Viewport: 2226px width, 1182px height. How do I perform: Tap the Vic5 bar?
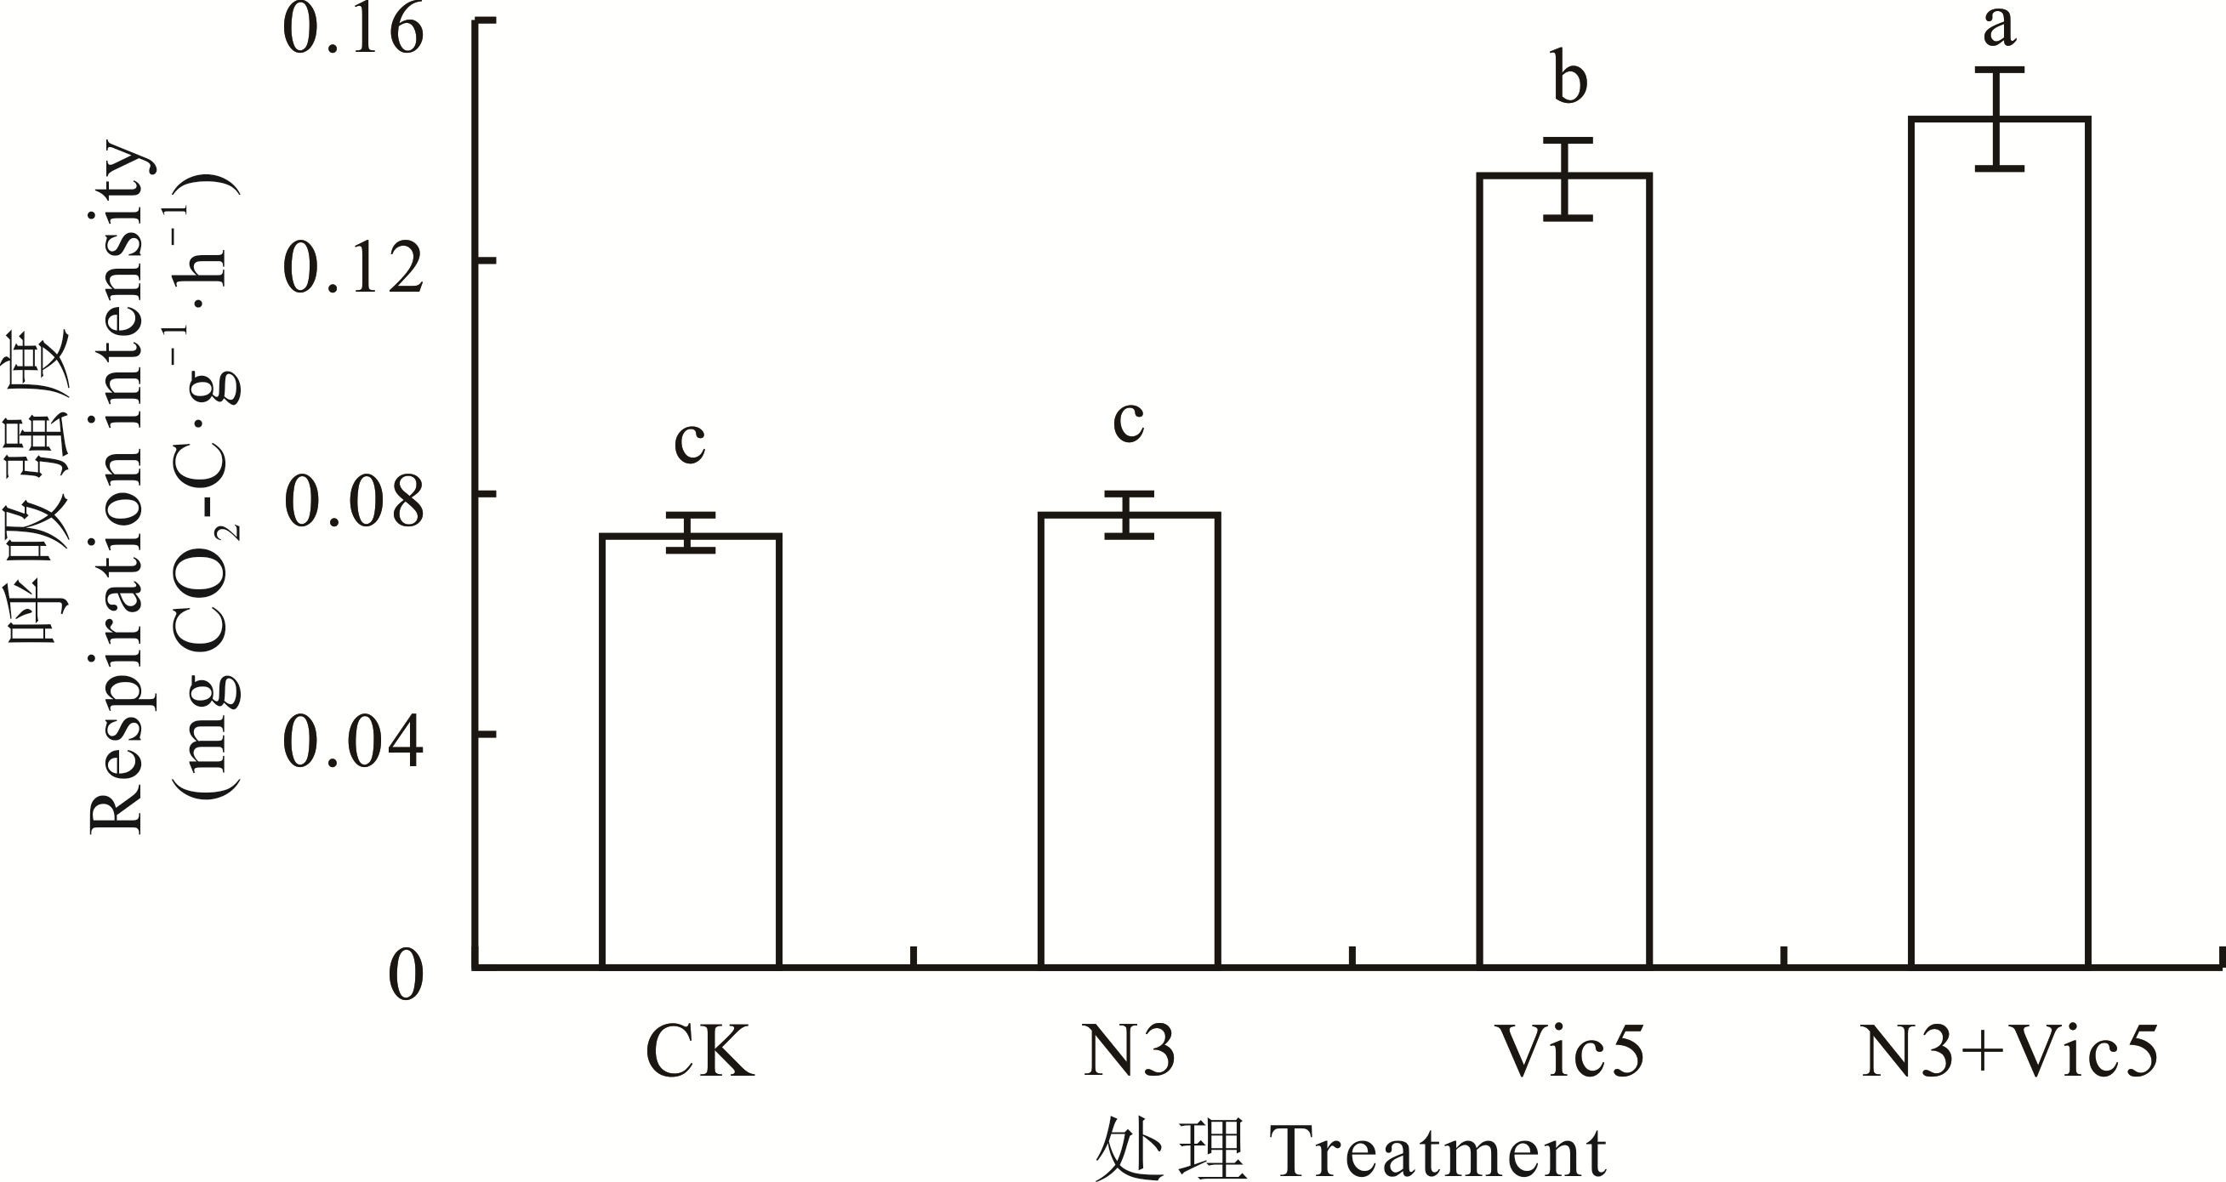1566,571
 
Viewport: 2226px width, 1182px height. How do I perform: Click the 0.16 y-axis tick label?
354,31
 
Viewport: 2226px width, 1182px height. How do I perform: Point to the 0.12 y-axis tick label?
354,269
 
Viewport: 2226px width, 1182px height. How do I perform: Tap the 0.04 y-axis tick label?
354,743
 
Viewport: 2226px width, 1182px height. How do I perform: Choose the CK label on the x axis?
700,1053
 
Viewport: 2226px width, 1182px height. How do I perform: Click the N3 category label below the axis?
1130,1053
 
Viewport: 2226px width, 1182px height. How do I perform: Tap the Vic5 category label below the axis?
1569,1053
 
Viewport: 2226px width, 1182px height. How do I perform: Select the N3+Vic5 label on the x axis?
2009,1053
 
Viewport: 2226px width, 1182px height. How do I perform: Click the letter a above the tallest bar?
1999,28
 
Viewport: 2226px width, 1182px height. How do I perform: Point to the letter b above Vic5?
1569,79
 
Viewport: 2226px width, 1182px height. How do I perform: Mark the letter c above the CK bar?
690,442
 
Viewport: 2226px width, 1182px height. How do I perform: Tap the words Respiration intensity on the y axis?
117,488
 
